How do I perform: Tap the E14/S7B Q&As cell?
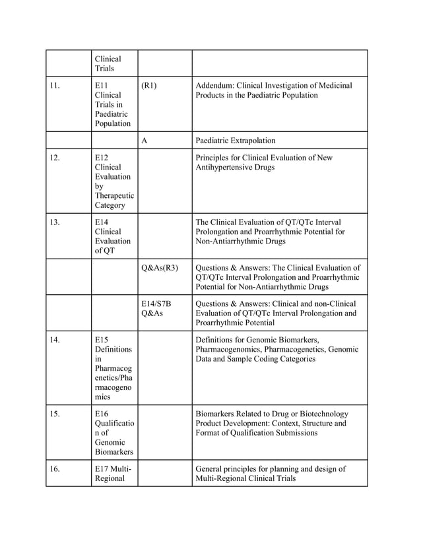click(156, 308)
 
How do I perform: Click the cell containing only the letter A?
click(145, 141)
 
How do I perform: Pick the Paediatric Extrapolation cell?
click(236, 141)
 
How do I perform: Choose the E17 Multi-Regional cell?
click(113, 474)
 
